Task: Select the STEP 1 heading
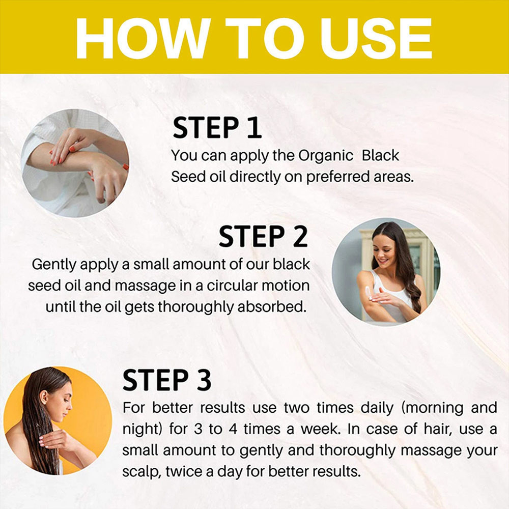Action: tap(217, 128)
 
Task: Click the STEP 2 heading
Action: tap(263, 237)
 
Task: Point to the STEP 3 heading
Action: tap(167, 380)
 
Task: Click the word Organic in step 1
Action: tap(326, 155)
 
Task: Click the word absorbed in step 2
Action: tap(272, 307)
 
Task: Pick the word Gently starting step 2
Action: tap(54, 265)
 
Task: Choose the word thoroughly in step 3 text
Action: tap(357, 450)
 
